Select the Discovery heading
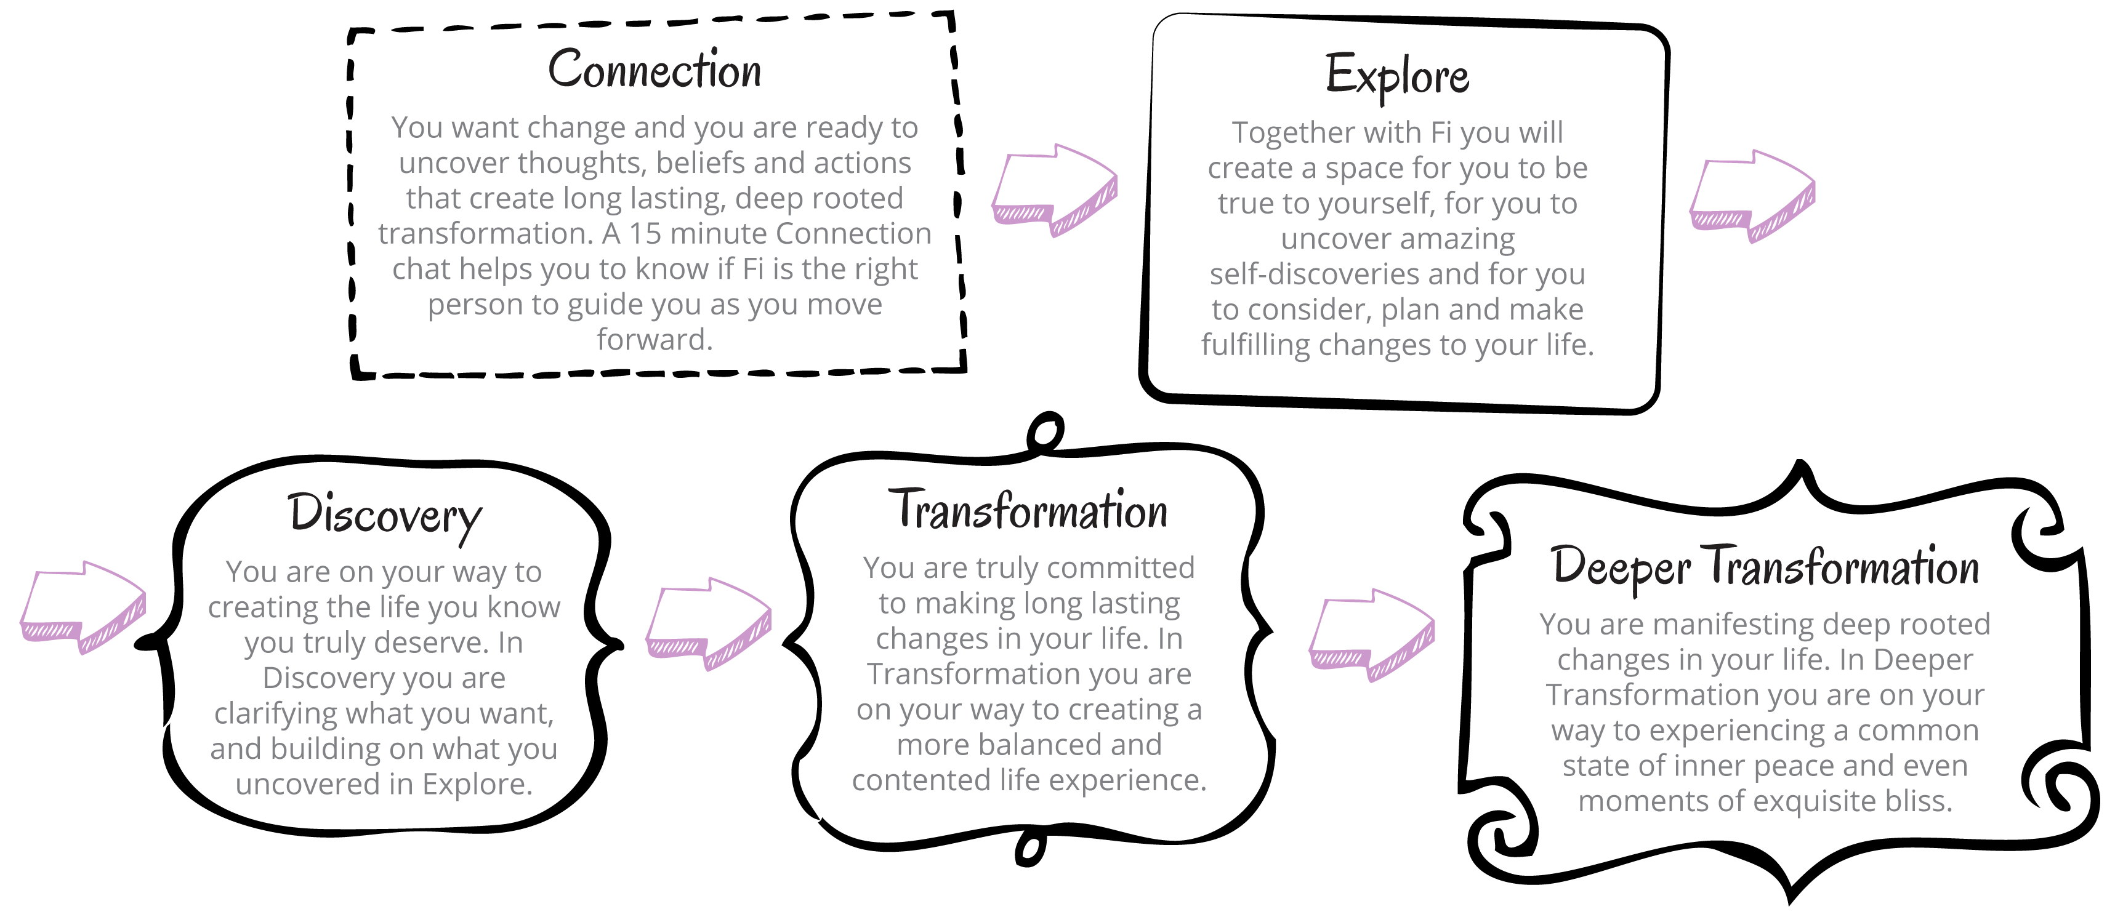pyautogui.click(x=384, y=516)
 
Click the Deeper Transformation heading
pyautogui.click(x=1765, y=566)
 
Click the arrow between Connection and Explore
pyautogui.click(x=1054, y=190)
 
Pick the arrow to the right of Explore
pyautogui.click(x=1752, y=196)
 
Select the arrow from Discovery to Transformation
pyautogui.click(x=709, y=624)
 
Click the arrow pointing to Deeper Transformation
pyautogui.click(x=1371, y=635)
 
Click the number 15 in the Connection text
pyautogui.click(x=646, y=233)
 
